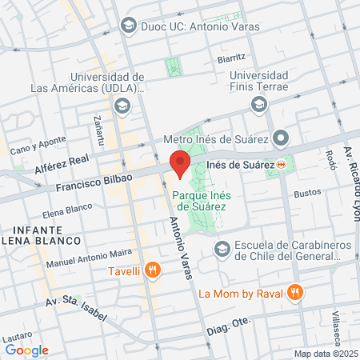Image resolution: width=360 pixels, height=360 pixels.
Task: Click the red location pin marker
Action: [x=180, y=164]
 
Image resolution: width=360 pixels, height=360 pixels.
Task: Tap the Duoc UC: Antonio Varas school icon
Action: [x=128, y=26]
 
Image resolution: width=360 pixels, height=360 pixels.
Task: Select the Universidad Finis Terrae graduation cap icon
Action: [x=258, y=105]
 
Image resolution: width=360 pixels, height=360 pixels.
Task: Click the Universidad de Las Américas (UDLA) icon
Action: [x=122, y=105]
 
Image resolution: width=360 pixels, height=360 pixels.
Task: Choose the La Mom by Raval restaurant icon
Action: [x=295, y=293]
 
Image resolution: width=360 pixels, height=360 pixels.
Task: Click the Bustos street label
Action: [x=307, y=193]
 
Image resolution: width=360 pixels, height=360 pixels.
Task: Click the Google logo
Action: [x=26, y=350]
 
